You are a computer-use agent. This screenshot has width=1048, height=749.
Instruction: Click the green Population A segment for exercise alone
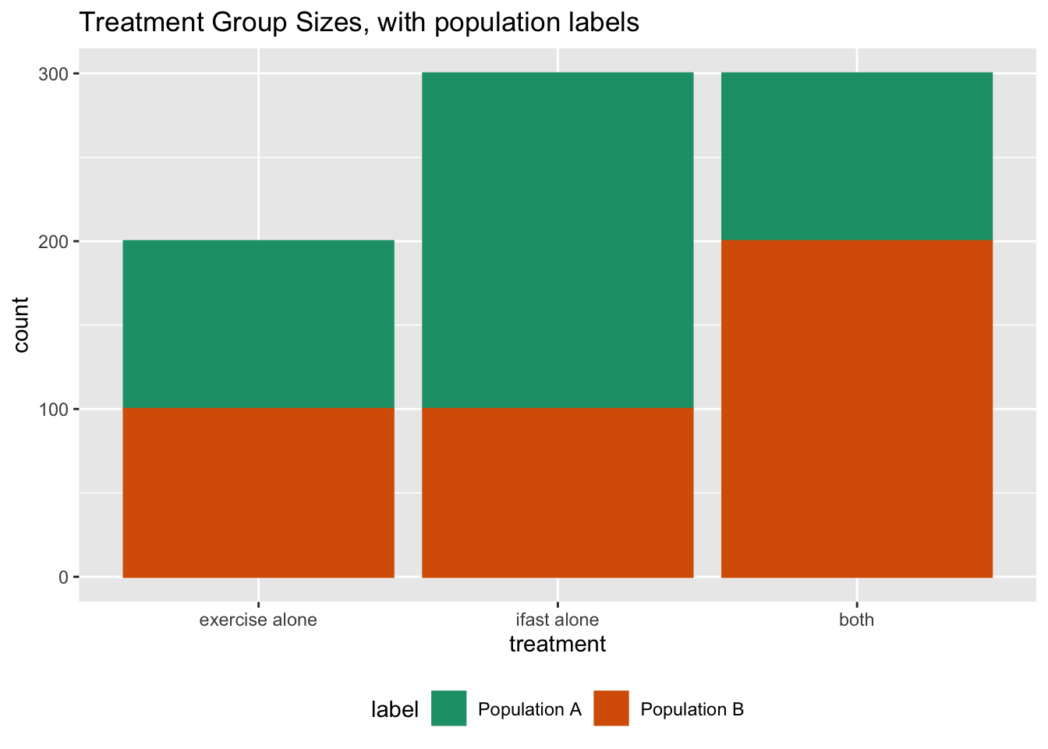tap(258, 324)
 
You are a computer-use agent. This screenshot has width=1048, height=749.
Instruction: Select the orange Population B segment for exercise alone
tap(258, 492)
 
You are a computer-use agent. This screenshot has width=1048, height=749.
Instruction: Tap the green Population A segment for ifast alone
tap(558, 240)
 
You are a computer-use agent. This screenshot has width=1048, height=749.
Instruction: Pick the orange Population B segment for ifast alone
tap(558, 492)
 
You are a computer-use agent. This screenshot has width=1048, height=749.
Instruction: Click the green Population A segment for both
tap(857, 156)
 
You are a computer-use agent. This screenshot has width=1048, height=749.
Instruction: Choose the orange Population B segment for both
tap(857, 408)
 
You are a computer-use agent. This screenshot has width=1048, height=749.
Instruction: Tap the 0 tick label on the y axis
tap(64, 577)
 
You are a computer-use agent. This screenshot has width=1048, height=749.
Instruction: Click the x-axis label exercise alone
tap(258, 621)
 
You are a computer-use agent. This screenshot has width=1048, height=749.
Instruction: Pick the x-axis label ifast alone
tap(558, 621)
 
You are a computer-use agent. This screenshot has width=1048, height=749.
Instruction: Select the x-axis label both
tap(857, 621)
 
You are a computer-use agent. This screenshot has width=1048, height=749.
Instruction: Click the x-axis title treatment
tap(558, 644)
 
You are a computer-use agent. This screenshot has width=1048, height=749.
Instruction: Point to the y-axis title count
tap(21, 325)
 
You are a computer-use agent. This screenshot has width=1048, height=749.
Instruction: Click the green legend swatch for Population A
tap(448, 708)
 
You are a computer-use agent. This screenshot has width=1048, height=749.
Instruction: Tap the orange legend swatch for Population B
tap(611, 708)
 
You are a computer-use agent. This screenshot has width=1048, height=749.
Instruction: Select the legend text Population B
tap(692, 709)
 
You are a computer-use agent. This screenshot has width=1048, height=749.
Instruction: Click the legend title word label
tap(395, 709)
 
